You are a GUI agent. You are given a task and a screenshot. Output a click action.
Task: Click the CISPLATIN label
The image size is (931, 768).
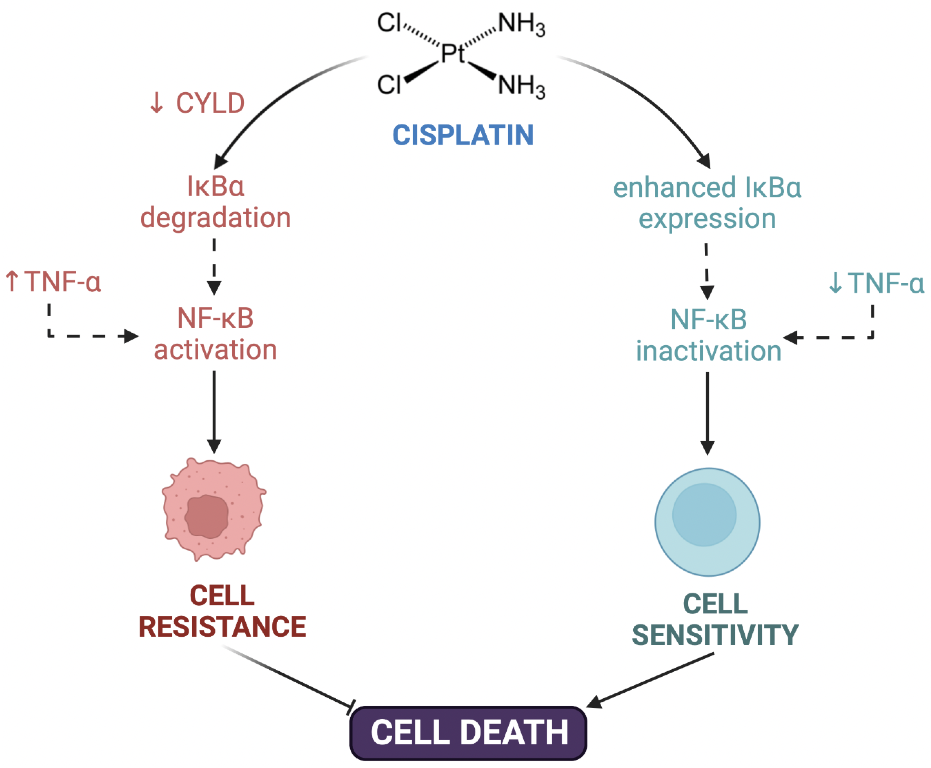(463, 135)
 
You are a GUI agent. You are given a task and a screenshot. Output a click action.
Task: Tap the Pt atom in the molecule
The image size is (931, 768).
(452, 54)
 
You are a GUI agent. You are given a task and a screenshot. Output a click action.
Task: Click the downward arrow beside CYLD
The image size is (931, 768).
(156, 103)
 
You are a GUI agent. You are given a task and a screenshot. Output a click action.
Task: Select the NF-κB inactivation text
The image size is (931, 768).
(708, 335)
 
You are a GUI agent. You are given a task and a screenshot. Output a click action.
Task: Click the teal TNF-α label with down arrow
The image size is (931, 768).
(876, 283)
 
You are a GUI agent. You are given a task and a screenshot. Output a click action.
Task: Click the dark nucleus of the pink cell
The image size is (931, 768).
(207, 516)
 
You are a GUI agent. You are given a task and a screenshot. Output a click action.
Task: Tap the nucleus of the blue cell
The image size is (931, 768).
(704, 514)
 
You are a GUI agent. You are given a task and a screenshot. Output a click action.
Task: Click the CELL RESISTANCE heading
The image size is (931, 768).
(222, 611)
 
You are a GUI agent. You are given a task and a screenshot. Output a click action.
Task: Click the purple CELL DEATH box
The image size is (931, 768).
(468, 732)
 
